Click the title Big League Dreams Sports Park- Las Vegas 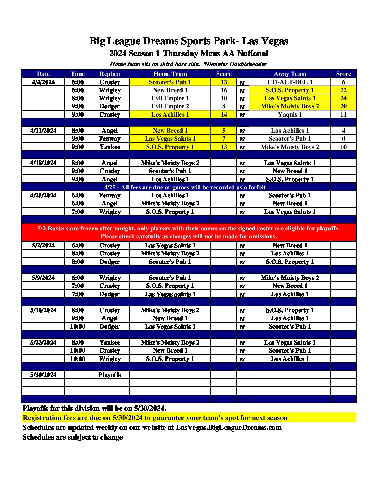(189, 41)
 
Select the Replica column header (110, 74)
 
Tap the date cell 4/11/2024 (43, 131)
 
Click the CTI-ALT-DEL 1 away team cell (290, 82)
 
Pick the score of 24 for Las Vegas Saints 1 (343, 98)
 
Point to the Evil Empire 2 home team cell (170, 106)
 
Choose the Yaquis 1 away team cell (290, 114)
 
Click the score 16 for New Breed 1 (224, 90)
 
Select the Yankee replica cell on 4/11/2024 (110, 147)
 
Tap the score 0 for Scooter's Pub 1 (343, 139)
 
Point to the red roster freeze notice (188, 232)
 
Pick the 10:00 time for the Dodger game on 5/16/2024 (77, 326)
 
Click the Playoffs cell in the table (110, 375)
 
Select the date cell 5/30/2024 (43, 375)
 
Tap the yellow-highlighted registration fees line (155, 418)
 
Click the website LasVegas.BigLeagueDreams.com (229, 427)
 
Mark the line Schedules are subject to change (72, 437)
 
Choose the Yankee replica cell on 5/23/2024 (110, 342)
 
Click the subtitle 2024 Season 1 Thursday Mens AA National (188, 54)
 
